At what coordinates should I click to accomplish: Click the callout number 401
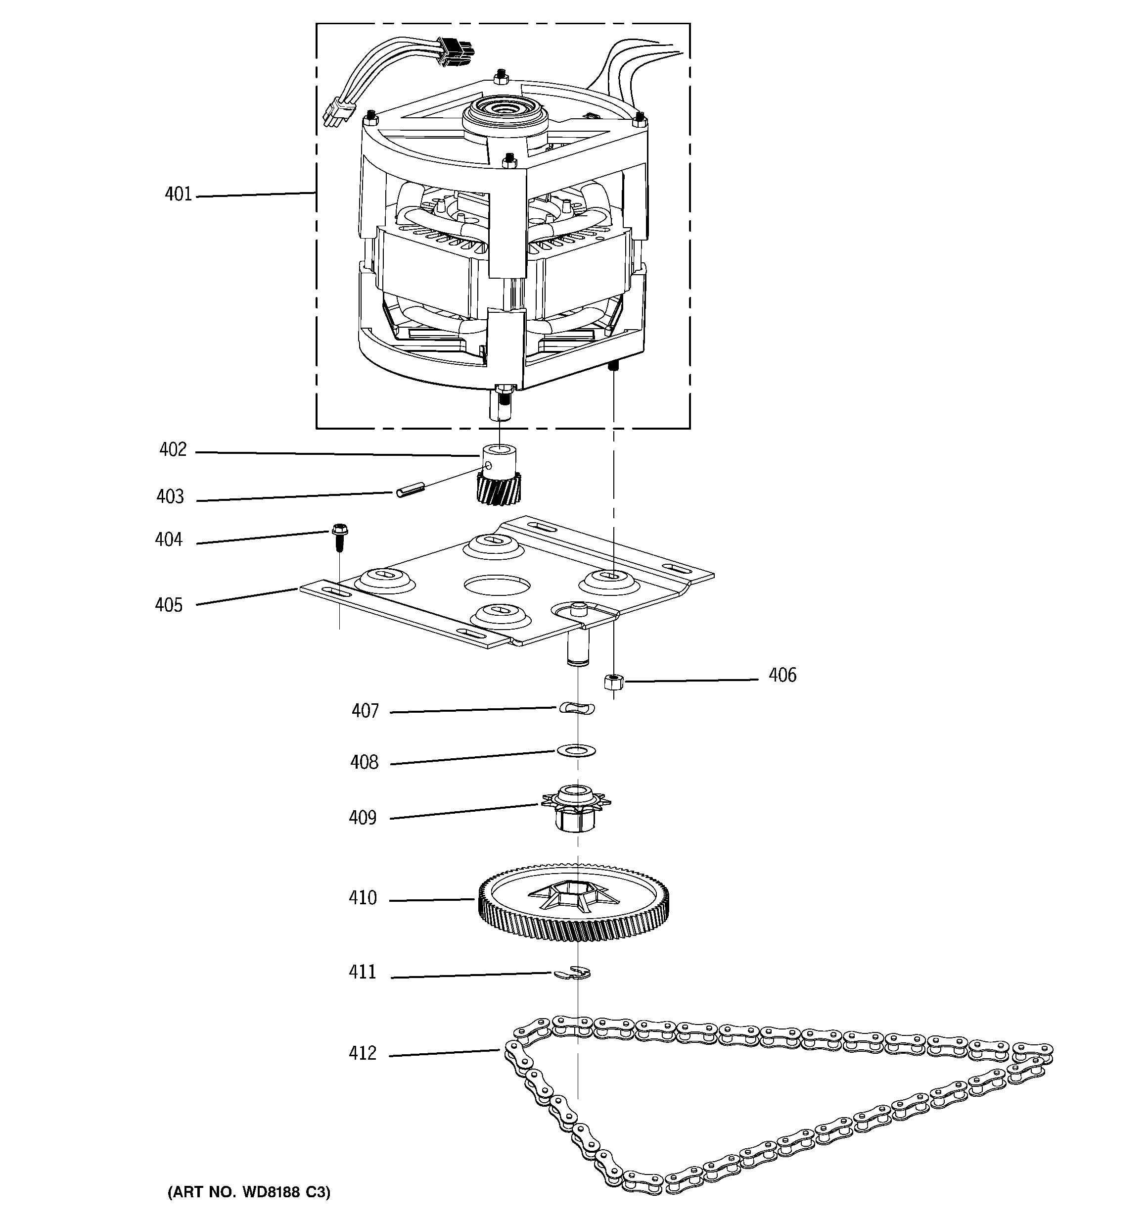(x=178, y=195)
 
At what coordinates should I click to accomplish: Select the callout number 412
(x=362, y=1053)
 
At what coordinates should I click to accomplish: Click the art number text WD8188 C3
(x=249, y=1192)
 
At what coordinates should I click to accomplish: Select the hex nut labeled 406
(x=613, y=682)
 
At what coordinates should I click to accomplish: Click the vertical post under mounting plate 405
(x=577, y=647)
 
